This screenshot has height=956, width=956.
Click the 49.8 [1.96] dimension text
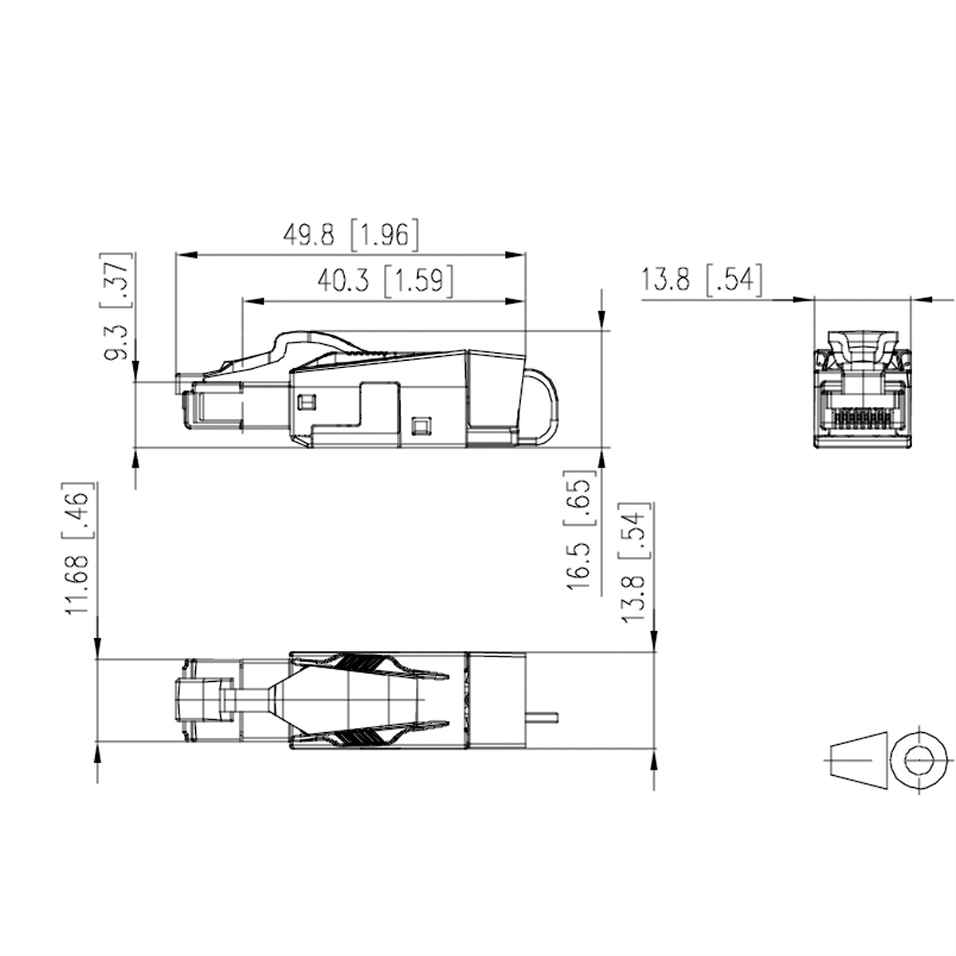coord(351,235)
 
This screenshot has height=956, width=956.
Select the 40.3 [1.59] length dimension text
coord(386,280)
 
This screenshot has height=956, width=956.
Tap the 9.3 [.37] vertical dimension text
coord(117,306)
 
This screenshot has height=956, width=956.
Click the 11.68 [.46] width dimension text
coord(77,548)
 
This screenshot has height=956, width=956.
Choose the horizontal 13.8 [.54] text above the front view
coord(702,280)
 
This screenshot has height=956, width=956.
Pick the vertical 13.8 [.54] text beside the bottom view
coord(633,563)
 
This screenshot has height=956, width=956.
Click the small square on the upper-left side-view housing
coord(306,402)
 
